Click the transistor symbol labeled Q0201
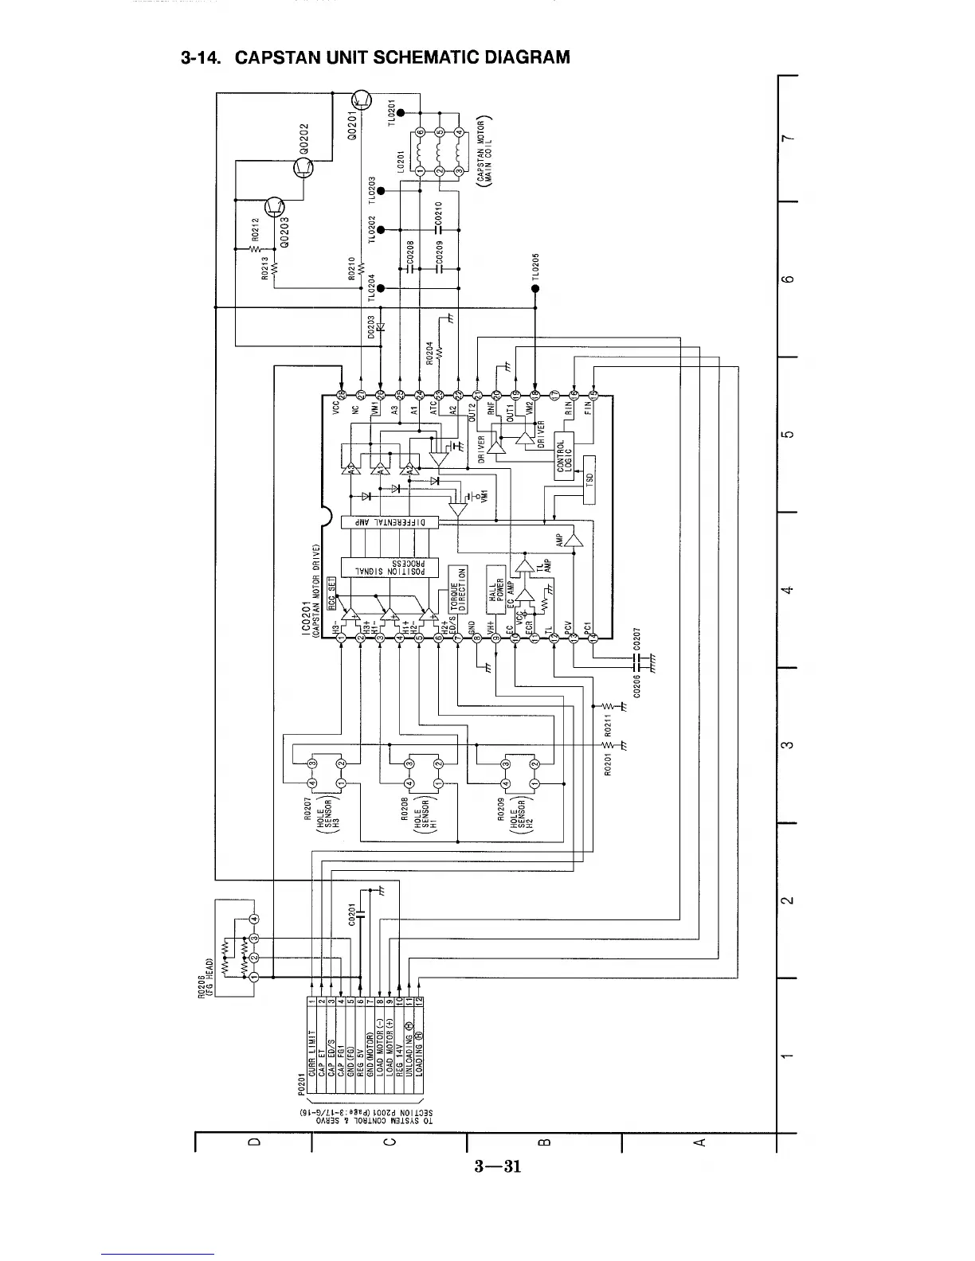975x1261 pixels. (362, 100)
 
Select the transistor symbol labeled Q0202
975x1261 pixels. (304, 167)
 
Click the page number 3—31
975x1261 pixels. (496, 1167)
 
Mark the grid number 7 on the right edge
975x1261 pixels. (787, 140)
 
